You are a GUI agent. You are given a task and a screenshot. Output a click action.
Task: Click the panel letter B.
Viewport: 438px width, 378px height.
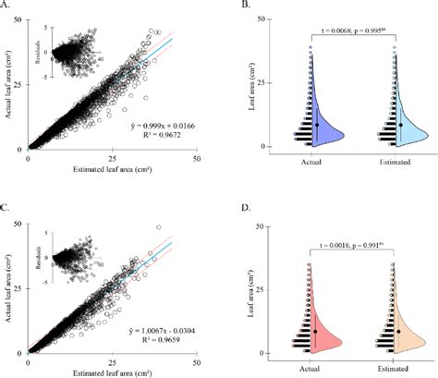point(243,8)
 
